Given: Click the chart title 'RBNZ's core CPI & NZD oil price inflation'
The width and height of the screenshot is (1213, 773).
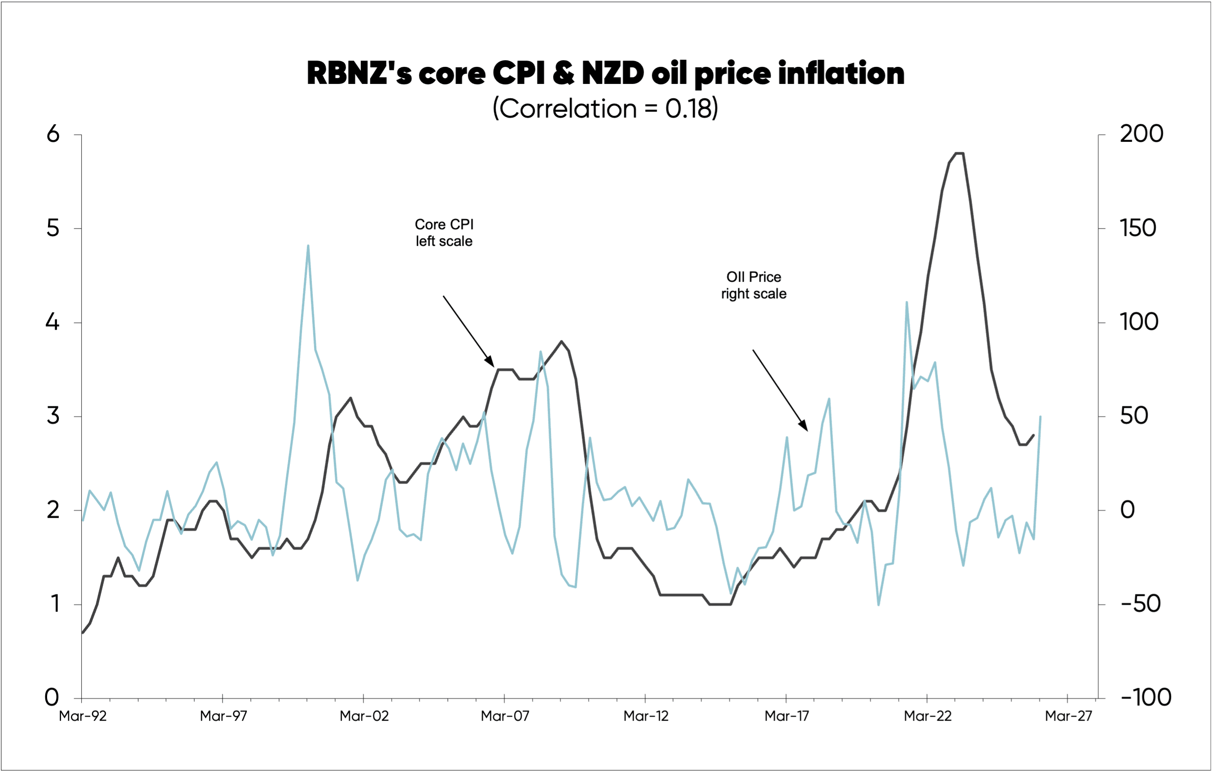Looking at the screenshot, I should [x=606, y=74].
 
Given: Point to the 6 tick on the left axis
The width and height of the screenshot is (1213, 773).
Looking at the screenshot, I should [x=53, y=135].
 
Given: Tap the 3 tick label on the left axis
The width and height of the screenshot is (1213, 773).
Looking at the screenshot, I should [x=53, y=416].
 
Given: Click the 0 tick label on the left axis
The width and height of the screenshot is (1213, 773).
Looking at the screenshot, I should [x=52, y=698].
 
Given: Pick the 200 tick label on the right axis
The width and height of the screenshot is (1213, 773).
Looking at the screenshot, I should [x=1141, y=135].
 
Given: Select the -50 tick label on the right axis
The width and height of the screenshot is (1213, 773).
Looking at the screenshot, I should [x=1140, y=604].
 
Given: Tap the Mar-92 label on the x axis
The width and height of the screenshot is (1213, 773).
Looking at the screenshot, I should [x=83, y=716].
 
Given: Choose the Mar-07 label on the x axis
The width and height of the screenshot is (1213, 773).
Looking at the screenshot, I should [x=505, y=716].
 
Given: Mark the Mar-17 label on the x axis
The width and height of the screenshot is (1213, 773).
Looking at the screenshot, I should [x=786, y=716].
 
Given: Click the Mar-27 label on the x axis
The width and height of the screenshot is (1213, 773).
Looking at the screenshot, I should [x=1068, y=716].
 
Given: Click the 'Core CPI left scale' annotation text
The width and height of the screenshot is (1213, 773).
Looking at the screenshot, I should [x=444, y=233].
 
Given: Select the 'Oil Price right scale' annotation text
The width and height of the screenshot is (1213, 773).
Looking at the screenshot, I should [x=754, y=285].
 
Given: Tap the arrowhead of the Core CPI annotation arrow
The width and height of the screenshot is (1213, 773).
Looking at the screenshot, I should [x=492, y=363].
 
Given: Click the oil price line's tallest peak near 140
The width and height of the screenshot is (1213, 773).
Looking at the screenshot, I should [x=308, y=246].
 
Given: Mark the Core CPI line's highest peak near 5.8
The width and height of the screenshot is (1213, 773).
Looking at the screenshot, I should [x=959, y=153].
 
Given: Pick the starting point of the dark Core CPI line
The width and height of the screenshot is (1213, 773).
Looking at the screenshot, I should [x=83, y=633].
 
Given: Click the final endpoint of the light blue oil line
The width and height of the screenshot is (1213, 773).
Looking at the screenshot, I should [x=1040, y=417].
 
